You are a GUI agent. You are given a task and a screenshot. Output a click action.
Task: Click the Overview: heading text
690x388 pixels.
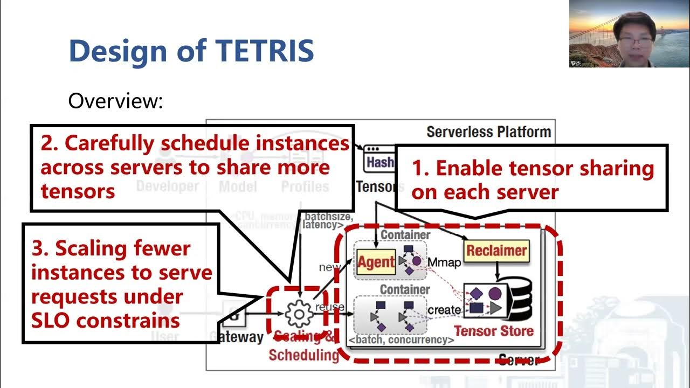coord(115,101)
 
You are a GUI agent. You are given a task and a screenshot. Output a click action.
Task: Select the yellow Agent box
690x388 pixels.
coord(376,262)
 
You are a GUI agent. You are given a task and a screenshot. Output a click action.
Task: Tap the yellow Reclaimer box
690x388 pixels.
coord(496,250)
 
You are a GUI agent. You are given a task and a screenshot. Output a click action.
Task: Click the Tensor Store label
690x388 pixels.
coord(494,330)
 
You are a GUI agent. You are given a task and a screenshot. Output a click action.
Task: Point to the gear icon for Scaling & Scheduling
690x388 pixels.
coord(299,314)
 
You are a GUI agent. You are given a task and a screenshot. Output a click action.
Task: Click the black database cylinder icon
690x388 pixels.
coord(518,300)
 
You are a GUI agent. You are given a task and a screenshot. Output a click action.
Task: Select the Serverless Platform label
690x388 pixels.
coord(488,131)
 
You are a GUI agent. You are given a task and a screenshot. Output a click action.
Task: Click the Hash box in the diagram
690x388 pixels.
coord(379,162)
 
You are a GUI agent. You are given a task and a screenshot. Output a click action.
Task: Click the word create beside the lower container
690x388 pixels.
coord(444,310)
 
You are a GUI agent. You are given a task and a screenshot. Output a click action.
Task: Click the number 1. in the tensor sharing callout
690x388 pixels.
coord(420,169)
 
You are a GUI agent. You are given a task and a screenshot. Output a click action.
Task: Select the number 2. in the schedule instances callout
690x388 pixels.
coord(49,143)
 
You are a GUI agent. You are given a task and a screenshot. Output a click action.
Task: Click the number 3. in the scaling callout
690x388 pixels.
coord(40,248)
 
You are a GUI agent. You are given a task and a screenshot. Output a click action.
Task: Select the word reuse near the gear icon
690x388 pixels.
coord(329,307)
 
